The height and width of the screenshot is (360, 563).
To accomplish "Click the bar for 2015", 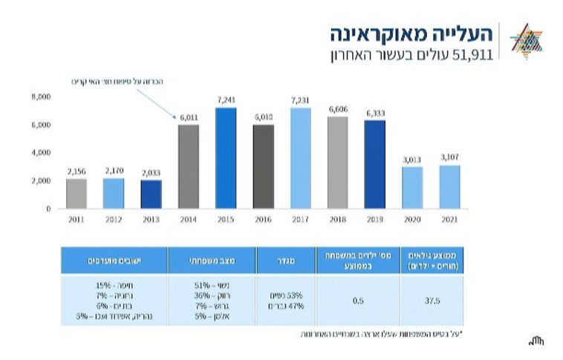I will point(226,158).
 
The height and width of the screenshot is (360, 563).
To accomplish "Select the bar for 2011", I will point(76,193).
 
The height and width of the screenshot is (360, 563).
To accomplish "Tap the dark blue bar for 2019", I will point(375,164).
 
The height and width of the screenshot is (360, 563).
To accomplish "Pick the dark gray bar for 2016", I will point(263,166).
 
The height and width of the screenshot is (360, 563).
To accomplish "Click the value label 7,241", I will point(227,100).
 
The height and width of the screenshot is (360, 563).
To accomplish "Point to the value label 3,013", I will point(412,160).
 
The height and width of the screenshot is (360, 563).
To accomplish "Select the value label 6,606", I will point(338,109).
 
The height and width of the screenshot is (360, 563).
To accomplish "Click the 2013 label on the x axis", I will point(151,220).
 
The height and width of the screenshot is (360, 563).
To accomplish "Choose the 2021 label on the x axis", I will point(449,220).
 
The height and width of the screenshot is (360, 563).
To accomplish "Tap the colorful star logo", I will point(528,40).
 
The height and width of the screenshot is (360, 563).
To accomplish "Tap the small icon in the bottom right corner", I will point(536,341).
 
